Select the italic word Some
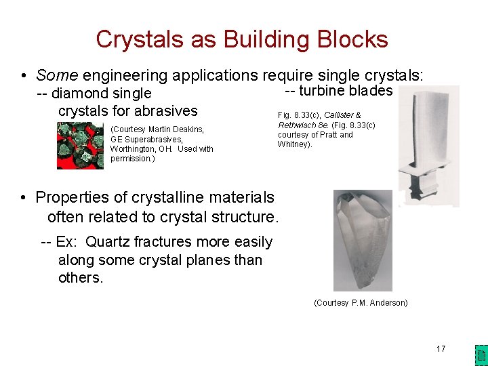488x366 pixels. pos(56,75)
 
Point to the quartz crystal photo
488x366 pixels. pos(363,240)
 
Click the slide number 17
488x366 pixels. pos(441,349)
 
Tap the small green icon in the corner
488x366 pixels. pos(480,354)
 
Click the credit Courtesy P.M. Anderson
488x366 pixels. pos(361,303)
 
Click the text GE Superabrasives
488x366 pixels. pos(146,139)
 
